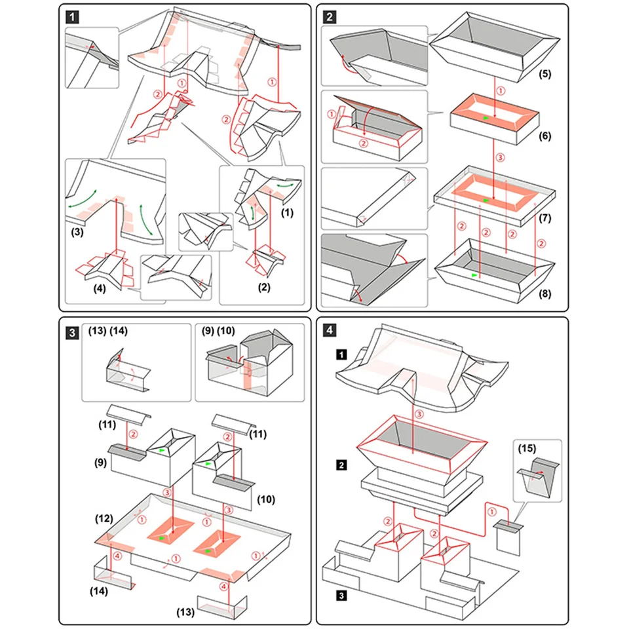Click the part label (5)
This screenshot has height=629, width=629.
544,74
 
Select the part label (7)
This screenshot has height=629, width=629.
544,216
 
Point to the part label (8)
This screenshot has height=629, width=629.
544,294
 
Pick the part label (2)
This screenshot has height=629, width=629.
264,287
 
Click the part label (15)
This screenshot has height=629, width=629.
527,449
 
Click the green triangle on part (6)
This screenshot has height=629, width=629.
485,117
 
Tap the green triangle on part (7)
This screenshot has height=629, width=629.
486,199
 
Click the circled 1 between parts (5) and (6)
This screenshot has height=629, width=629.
501,90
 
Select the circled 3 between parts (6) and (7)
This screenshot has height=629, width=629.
501,157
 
